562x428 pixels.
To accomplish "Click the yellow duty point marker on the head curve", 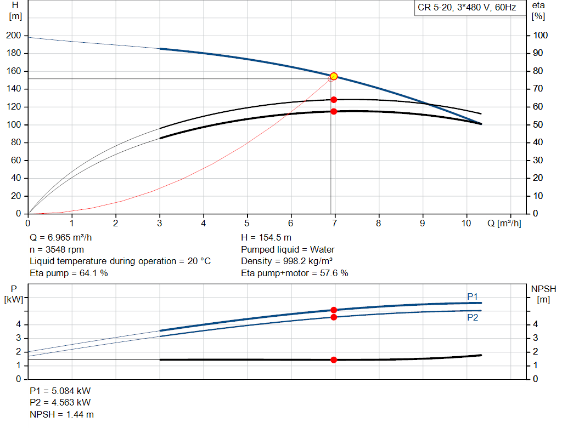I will (x=333, y=76).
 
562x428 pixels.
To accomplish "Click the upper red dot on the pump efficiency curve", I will (x=334, y=100).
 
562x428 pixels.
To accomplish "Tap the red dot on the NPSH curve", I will (x=334, y=359).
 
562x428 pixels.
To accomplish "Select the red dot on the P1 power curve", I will (x=334, y=310).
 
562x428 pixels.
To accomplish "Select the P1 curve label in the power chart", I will (x=473, y=296).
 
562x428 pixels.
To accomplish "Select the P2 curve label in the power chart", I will (x=473, y=317).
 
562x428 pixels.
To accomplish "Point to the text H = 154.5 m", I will (x=267, y=238).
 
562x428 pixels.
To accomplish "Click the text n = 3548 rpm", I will (x=54, y=249).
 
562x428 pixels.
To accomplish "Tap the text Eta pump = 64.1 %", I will (x=69, y=273).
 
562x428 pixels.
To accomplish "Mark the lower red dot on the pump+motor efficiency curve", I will (x=334, y=111).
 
